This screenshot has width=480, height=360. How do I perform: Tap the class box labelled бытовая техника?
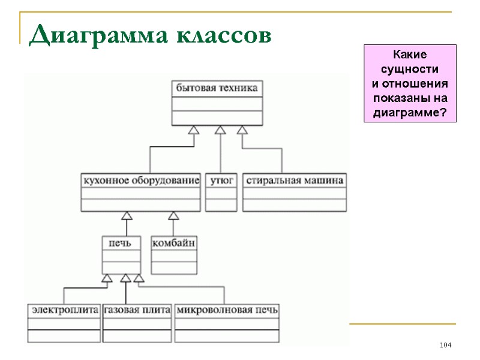tap(217, 88)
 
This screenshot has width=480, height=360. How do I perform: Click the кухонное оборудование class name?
tap(140, 180)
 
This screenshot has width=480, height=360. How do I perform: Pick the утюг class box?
tap(221, 180)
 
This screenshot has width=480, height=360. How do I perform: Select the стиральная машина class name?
tap(295, 180)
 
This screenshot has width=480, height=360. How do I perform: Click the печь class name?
tap(121, 243)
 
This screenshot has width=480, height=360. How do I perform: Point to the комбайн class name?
tap(174, 243)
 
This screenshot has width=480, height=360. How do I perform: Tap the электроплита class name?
tap(64, 310)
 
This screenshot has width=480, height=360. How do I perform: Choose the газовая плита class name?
tap(137, 310)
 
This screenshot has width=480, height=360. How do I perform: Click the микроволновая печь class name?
tap(227, 310)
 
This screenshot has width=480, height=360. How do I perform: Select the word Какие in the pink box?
tap(410, 53)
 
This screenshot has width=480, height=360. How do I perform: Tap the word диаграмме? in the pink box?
tap(410, 113)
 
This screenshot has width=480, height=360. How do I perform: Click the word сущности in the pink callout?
tap(410, 68)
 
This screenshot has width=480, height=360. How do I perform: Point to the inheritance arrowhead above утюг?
tap(220, 130)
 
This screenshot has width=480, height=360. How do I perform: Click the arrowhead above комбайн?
tap(173, 215)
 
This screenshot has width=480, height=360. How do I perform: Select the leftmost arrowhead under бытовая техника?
tap(193, 130)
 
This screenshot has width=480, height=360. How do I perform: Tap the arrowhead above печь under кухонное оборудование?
tap(126, 215)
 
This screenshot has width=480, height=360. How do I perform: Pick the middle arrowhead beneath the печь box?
tap(125, 278)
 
